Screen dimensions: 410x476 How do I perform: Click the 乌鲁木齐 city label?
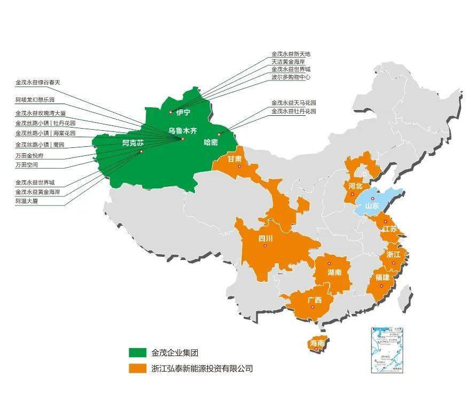pyautogui.click(x=183, y=130)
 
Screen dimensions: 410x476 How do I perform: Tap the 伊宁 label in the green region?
pyautogui.click(x=183, y=112)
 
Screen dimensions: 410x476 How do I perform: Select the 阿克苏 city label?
pyautogui.click(x=133, y=143)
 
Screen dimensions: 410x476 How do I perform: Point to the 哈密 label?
pyautogui.click(x=211, y=142)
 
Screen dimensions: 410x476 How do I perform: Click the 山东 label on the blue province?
pyautogui.click(x=372, y=206)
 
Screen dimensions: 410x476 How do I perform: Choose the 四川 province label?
pyautogui.click(x=266, y=238)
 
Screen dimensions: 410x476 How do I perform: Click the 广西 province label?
pyautogui.click(x=315, y=300)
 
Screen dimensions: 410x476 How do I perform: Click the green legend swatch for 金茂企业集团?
pyautogui.click(x=137, y=352)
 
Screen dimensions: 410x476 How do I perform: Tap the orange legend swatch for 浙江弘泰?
pyautogui.click(x=137, y=368)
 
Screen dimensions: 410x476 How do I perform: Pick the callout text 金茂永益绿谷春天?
pyautogui.click(x=38, y=83)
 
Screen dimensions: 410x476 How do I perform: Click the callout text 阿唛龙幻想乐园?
pyautogui.click(x=35, y=100)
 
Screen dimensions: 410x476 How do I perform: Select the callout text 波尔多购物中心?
pyautogui.click(x=291, y=77)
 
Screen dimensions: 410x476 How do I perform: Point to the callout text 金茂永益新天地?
pyautogui.click(x=291, y=54)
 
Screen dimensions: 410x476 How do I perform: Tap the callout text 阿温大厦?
pyautogui.click(x=27, y=201)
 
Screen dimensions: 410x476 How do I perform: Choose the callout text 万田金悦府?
pyautogui.click(x=30, y=156)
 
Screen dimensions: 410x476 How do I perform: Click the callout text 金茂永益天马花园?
pyautogui.click(x=294, y=102)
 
